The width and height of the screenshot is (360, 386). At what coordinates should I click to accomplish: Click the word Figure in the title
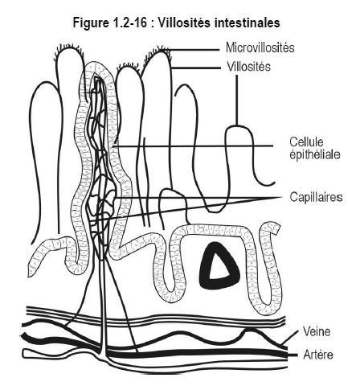(x=90, y=23)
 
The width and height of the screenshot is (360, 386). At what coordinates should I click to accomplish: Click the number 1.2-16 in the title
(x=129, y=23)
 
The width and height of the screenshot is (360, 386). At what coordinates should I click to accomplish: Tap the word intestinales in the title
(x=247, y=23)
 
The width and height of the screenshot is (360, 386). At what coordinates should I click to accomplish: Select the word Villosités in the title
(x=184, y=23)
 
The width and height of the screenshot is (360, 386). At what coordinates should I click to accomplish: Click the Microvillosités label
(x=260, y=47)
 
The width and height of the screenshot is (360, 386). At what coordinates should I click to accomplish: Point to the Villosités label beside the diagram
(x=248, y=66)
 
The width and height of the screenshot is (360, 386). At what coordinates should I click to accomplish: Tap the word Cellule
(x=306, y=142)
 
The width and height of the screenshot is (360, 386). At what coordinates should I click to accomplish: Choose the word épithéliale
(x=315, y=154)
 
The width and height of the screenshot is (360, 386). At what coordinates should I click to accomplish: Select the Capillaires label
(x=316, y=197)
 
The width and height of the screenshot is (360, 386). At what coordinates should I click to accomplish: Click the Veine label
(x=317, y=331)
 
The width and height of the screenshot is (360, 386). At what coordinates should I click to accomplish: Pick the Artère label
(x=318, y=355)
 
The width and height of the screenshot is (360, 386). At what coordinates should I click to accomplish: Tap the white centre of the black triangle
(x=218, y=269)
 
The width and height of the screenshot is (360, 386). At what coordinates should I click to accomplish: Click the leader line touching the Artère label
(x=292, y=355)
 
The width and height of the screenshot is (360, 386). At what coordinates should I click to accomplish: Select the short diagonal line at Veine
(x=290, y=337)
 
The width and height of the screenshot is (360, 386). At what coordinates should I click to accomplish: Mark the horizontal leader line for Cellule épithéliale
(x=193, y=146)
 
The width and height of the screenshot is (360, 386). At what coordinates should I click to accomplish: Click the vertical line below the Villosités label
(x=236, y=101)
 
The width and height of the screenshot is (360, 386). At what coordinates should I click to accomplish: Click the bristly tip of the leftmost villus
(x=69, y=49)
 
